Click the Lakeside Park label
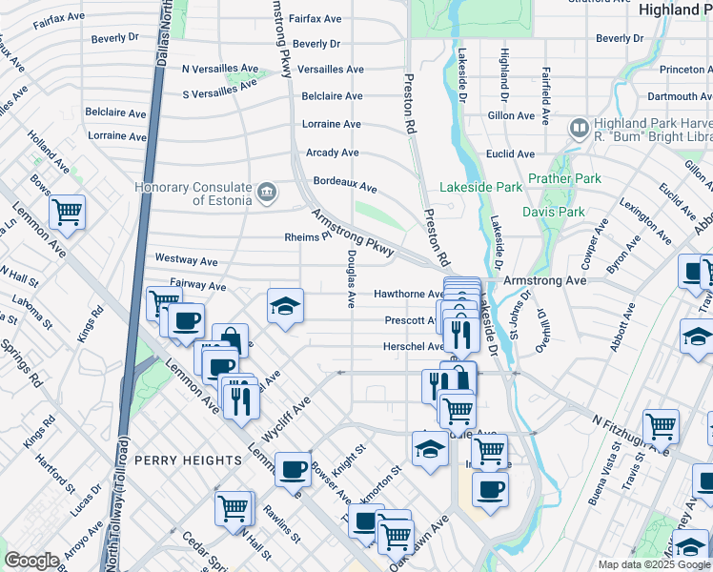coord(481,187)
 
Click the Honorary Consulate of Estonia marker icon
coord(268,193)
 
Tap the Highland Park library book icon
coord(579,129)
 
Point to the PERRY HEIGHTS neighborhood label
coord(188,460)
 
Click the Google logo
coord(32,561)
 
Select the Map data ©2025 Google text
coord(654,564)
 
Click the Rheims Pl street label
coord(306,236)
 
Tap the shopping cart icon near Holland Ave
coord(67,212)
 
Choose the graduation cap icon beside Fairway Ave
coord(284,305)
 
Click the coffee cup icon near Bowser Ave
coord(293,468)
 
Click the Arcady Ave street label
coord(332,153)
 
